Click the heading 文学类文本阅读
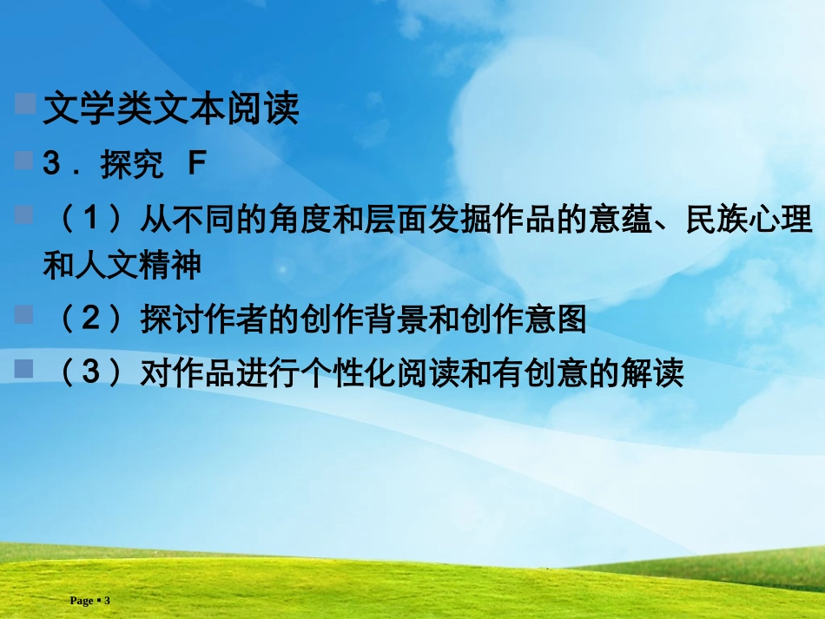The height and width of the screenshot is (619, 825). point(171,110)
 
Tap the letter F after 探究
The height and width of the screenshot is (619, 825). point(197,164)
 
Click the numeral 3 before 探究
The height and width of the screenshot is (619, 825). point(51,164)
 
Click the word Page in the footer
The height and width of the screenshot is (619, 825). point(82,601)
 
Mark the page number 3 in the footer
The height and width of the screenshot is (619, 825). point(107,601)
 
